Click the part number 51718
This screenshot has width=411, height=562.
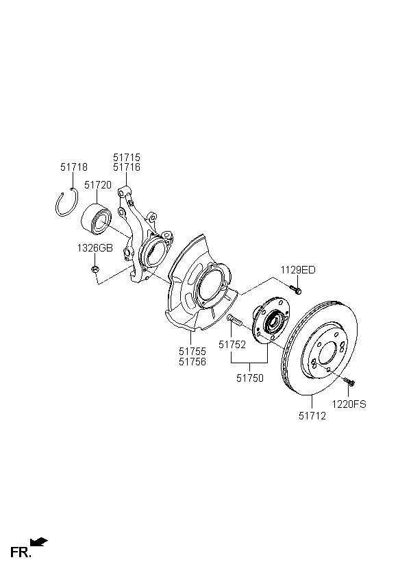click(x=74, y=167)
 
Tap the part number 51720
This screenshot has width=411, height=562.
click(x=98, y=185)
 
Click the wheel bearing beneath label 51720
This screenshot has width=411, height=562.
click(x=97, y=219)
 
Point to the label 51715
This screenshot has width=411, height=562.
click(x=127, y=158)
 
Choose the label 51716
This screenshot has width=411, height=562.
click(x=127, y=167)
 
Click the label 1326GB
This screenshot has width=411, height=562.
click(x=95, y=248)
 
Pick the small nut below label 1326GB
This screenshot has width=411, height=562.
click(x=95, y=269)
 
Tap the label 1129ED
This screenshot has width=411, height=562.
click(x=298, y=270)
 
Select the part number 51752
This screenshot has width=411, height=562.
click(x=232, y=345)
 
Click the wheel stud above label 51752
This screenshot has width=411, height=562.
click(x=235, y=320)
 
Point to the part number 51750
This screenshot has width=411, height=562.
click(x=250, y=378)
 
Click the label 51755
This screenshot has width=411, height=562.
click(x=192, y=352)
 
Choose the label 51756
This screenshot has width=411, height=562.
click(x=192, y=362)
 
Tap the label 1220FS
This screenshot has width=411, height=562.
click(x=349, y=404)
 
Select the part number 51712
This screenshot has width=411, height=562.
click(x=312, y=416)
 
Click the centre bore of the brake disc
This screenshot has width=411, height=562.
click(x=327, y=353)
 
